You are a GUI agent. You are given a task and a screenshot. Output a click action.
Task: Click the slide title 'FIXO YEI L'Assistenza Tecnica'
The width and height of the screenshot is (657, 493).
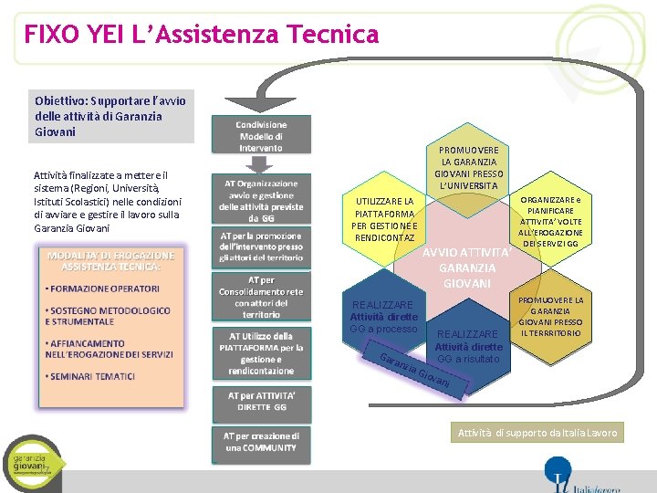point(202,35)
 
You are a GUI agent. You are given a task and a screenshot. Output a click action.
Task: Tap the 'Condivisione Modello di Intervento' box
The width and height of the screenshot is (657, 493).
point(262,136)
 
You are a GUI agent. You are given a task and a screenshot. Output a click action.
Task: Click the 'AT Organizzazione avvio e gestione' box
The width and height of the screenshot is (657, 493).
point(262,200)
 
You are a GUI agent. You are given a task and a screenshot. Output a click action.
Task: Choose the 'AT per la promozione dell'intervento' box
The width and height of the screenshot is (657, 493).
point(262,246)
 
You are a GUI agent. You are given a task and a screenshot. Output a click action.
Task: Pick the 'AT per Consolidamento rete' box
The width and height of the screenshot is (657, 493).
point(262,297)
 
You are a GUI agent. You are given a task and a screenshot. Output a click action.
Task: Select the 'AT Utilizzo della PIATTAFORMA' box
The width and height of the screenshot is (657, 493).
point(262,353)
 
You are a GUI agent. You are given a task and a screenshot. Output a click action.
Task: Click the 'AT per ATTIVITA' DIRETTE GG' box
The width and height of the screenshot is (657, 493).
point(262,400)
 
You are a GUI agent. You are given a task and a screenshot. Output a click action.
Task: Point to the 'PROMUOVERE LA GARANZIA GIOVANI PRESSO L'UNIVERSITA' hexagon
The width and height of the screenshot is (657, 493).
point(468,168)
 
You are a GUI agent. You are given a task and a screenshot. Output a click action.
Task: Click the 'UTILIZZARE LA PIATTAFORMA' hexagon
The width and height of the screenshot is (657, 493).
point(384,220)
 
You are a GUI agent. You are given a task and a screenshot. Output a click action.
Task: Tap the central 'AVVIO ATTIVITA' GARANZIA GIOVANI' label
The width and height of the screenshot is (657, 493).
point(467,267)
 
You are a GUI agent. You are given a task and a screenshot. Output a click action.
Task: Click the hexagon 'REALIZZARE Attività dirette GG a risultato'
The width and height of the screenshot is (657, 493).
point(468,347)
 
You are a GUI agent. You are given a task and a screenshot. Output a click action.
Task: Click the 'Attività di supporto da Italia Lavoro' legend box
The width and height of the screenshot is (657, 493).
point(537,433)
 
